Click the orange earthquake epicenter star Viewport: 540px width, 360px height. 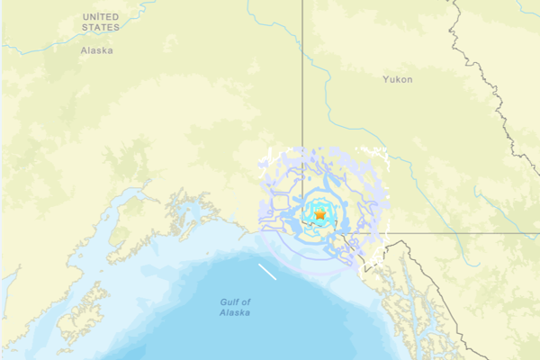click(x=319, y=215)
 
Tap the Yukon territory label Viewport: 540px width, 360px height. click(x=397, y=80)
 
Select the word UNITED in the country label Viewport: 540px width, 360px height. click(x=100, y=17)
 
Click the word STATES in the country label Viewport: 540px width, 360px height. click(x=100, y=28)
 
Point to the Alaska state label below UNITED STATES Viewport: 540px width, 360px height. click(x=97, y=51)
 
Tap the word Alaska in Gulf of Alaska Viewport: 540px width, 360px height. click(x=235, y=313)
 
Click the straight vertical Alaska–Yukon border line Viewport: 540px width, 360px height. click(x=302, y=90)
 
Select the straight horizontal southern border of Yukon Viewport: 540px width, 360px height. click(x=450, y=233)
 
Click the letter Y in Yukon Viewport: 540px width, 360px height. click(x=384, y=80)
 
